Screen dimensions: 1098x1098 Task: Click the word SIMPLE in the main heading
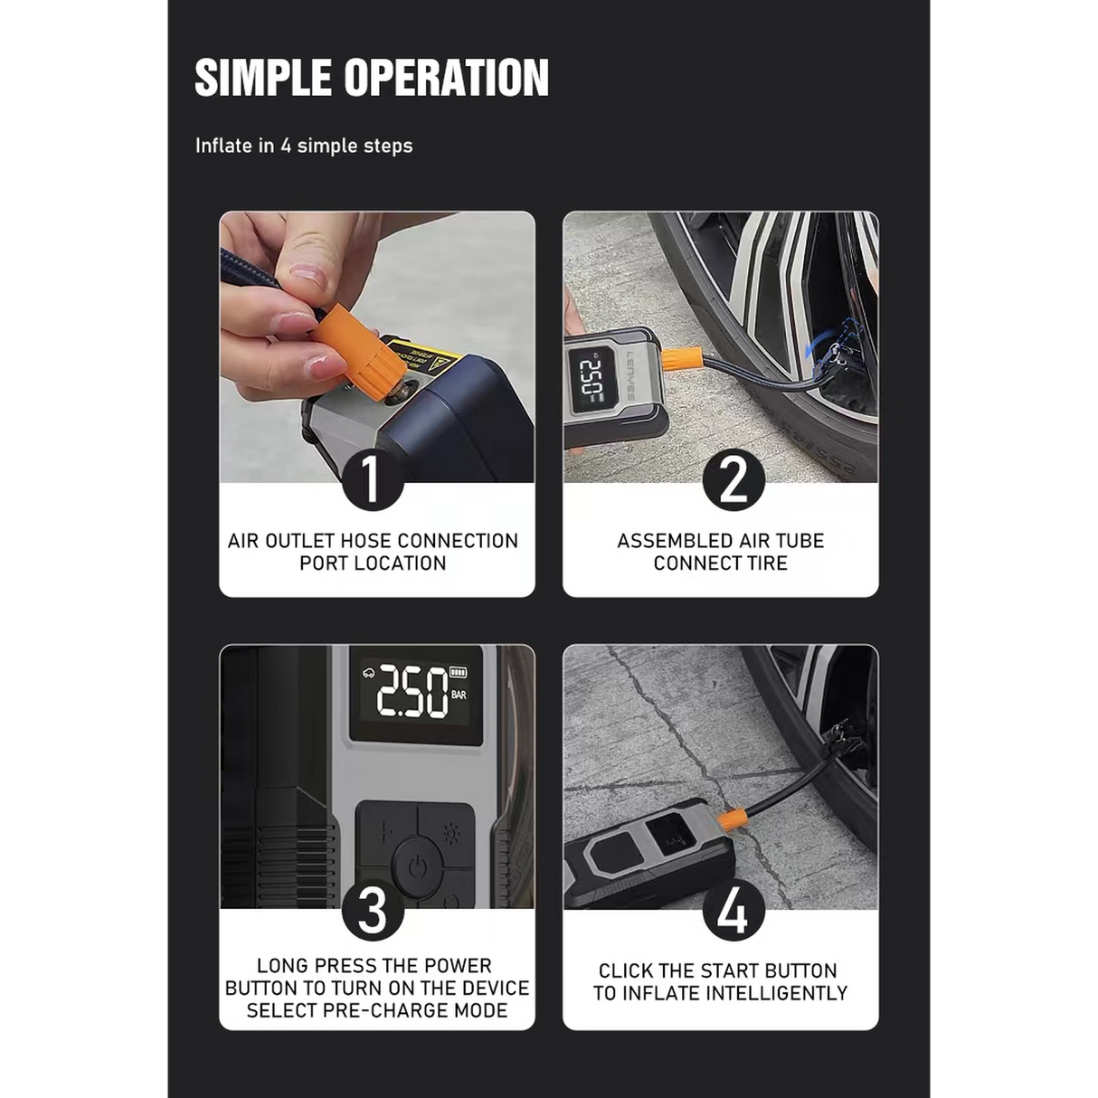[x=263, y=78]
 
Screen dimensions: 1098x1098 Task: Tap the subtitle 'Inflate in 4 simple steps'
[x=304, y=146]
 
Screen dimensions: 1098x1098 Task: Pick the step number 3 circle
[x=372, y=910]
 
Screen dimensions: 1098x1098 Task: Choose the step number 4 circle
[x=734, y=910]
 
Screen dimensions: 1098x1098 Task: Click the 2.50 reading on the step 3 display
[x=412, y=693]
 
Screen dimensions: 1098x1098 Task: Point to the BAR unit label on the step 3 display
[x=459, y=696]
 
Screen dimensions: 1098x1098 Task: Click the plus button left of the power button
[x=386, y=832]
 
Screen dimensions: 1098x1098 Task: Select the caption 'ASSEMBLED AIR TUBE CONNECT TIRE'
[x=720, y=552]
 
